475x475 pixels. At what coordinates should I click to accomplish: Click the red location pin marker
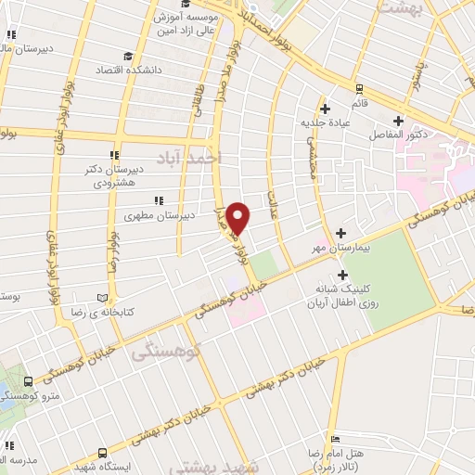tap(238, 218)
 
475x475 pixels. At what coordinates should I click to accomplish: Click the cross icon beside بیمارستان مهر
tap(341, 232)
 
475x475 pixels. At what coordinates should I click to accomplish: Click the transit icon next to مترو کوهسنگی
tap(30, 381)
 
